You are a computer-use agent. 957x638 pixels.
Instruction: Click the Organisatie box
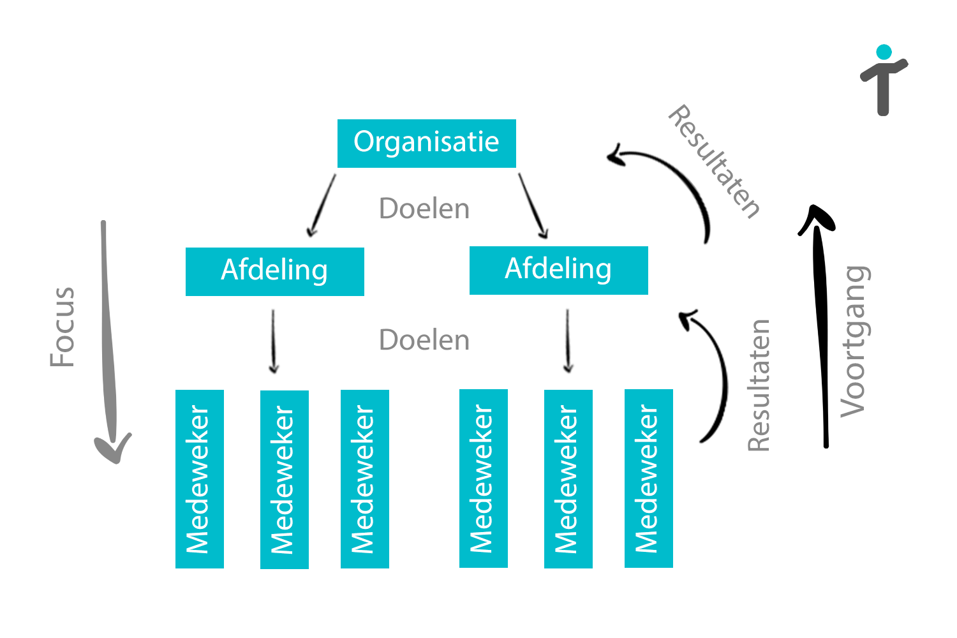(x=426, y=143)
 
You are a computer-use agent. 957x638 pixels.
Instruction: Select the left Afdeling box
(x=274, y=271)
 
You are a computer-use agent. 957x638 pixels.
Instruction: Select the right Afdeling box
(x=558, y=270)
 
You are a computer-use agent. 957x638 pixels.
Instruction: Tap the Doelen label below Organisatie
(x=424, y=209)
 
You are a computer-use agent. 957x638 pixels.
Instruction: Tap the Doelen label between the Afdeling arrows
(x=424, y=340)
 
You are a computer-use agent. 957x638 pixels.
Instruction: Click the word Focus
(x=63, y=327)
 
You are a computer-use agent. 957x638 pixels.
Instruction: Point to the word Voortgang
(x=854, y=341)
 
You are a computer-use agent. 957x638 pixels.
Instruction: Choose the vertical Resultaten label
(x=759, y=385)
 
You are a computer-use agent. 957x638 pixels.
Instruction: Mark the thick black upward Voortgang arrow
(x=820, y=325)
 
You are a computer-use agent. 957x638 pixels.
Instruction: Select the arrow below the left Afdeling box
(x=274, y=341)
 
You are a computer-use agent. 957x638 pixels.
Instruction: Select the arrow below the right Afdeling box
(x=568, y=341)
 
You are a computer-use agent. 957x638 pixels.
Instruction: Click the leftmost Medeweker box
(x=200, y=478)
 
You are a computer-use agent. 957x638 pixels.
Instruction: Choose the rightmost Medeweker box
(x=648, y=478)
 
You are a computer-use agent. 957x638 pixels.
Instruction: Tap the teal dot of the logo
(x=884, y=52)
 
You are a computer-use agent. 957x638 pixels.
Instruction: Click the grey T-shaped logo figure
(x=883, y=86)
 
